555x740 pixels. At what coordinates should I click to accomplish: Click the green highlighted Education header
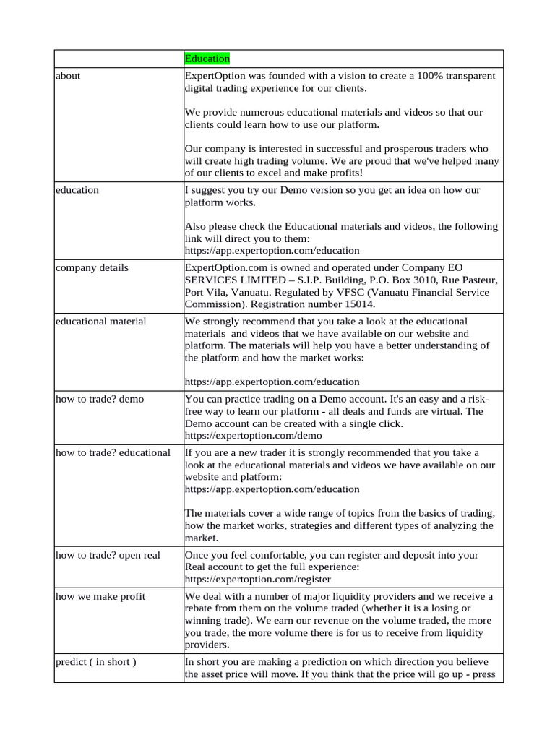coord(207,59)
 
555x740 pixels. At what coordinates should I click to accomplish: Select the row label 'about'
coord(68,76)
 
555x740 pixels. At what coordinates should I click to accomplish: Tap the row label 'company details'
coord(92,267)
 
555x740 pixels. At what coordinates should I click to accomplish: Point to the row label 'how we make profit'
coord(100,595)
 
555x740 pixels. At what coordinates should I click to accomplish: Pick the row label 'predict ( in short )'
coord(95,661)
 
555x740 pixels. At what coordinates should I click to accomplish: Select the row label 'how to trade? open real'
coord(108,554)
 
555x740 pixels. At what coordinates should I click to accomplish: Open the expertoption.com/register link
coord(258,579)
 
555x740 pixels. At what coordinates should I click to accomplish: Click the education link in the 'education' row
coord(272,251)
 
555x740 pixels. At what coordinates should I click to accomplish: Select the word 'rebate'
coord(202,608)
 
